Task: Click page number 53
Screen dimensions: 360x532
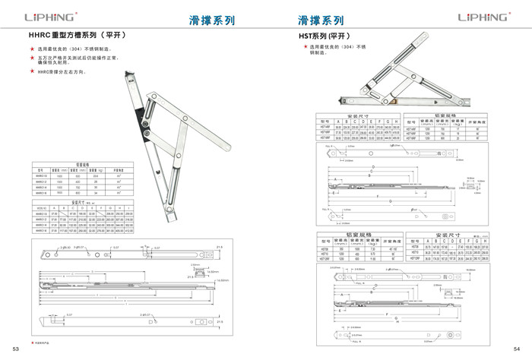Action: [14, 349]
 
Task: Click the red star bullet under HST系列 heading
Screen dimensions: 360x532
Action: [306, 47]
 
